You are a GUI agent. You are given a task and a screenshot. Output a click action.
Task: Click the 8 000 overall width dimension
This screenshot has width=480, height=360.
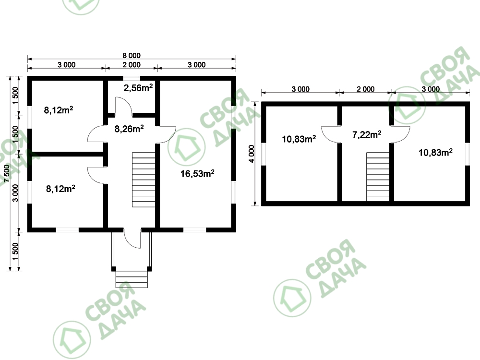[132, 55]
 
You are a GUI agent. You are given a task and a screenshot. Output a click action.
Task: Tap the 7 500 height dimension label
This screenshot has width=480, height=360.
[6, 174]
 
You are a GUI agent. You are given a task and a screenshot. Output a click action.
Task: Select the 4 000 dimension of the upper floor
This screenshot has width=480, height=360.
[252, 154]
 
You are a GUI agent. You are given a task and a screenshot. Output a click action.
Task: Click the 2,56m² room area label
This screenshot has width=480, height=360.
[138, 88]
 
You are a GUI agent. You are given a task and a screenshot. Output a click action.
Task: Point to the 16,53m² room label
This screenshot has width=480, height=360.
[197, 174]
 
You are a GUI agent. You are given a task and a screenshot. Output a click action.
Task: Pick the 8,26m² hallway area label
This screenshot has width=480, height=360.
[129, 129]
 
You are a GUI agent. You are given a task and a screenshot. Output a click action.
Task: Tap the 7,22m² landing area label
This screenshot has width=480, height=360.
[367, 134]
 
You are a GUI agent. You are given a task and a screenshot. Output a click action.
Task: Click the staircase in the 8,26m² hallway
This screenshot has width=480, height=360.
[144, 180]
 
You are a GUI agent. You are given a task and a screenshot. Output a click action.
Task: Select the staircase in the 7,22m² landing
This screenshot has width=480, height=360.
[378, 177]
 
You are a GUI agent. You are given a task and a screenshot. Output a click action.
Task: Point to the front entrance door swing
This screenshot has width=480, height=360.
[132, 238]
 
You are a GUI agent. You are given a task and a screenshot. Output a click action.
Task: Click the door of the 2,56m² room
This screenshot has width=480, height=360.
[124, 107]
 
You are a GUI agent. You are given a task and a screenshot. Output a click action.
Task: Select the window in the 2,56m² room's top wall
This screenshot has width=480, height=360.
[132, 78]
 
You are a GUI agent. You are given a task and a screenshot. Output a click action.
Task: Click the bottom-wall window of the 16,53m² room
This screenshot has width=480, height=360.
[195, 230]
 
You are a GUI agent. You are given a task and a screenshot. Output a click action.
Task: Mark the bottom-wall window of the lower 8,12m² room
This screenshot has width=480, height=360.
[67, 230]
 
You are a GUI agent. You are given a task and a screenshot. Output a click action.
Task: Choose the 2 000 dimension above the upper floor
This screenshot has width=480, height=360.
[365, 89]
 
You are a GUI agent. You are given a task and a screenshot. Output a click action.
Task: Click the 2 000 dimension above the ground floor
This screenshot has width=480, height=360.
[132, 65]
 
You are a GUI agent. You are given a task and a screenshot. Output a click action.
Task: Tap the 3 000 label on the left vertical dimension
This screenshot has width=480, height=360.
[15, 193]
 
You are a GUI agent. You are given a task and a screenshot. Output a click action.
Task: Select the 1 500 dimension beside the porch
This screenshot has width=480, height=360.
[15, 252]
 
